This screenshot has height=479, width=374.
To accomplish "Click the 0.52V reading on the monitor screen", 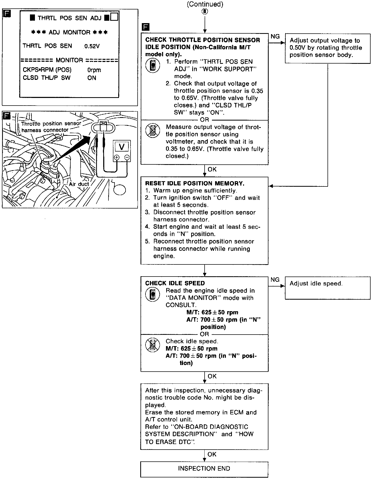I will [92, 46].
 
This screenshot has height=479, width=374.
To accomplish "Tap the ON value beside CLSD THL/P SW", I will [92, 78].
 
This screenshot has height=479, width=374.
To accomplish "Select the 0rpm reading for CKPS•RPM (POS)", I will [94, 70].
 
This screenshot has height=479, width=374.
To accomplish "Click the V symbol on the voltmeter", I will [122, 147].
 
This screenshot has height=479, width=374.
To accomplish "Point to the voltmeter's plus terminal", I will [117, 157].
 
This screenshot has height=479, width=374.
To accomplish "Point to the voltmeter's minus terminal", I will [127, 157].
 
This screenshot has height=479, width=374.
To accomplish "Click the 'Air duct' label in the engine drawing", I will [79, 184].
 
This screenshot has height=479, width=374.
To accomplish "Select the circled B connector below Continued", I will [205, 11].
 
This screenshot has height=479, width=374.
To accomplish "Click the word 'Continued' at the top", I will [205, 4].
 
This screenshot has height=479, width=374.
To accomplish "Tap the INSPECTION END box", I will [204, 468].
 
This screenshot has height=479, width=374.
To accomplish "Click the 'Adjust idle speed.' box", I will [327, 288].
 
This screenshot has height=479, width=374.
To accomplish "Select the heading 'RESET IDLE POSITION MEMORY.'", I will [195, 183].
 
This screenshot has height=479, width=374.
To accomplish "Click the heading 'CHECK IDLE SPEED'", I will [175, 283].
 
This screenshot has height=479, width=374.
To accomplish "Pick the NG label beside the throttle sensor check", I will [275, 37].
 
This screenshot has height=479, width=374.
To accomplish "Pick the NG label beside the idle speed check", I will [275, 280].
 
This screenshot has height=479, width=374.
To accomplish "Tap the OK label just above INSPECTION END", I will [212, 454].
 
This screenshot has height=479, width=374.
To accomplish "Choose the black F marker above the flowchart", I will [145, 27].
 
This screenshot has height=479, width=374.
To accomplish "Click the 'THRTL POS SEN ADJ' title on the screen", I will [69, 18].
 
